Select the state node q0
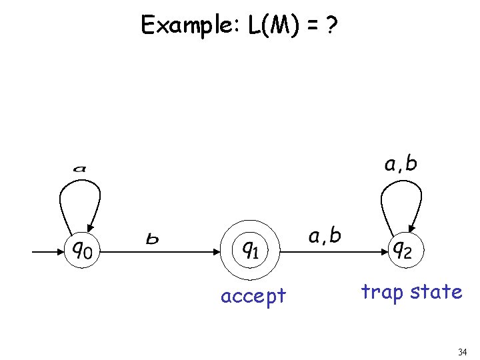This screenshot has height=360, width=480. coord(82,251)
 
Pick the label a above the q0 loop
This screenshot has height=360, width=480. coord(80,169)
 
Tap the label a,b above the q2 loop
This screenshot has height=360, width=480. coord(400,164)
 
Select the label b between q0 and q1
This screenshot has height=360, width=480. coord(153,238)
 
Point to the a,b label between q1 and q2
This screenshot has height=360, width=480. coord(325,235)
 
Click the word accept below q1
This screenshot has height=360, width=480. coord(253,295)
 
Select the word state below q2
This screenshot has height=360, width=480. coord(437,291)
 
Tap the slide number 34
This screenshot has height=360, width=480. coord(463,351)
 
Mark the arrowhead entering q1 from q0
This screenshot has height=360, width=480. coord(217,251)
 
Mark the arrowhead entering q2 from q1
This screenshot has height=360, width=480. coord(385,251)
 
